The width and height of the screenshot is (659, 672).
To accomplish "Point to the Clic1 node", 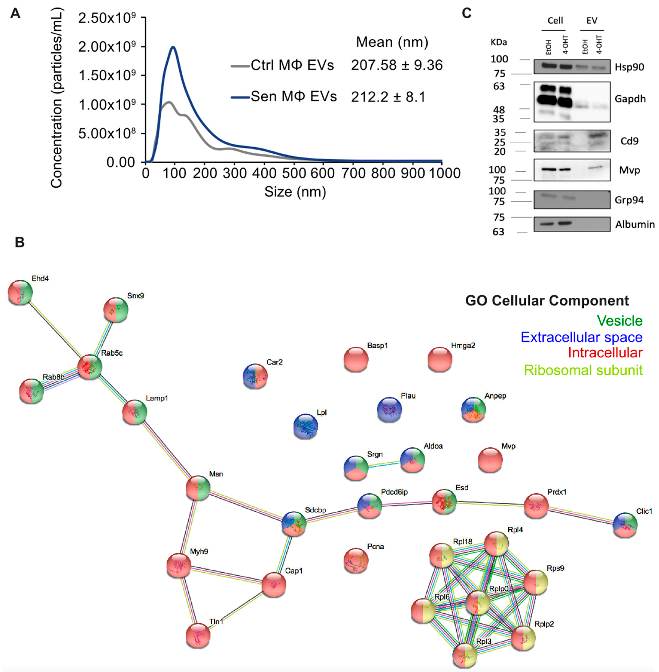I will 625,525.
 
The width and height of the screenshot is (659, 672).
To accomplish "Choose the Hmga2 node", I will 440,360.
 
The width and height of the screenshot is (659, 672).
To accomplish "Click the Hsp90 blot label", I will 629,67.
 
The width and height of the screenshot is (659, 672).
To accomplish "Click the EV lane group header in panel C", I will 592,21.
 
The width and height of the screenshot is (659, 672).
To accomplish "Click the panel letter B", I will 20,242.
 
